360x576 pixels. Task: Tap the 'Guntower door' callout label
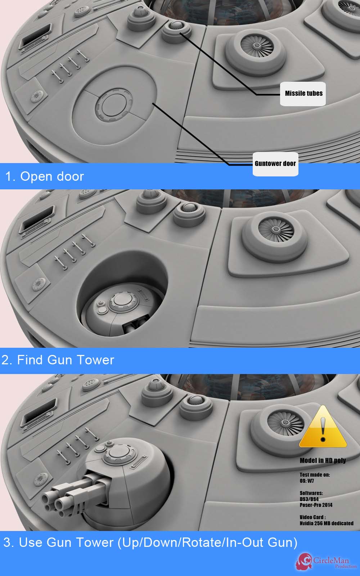pos(275,164)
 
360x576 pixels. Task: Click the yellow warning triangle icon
pos(323,427)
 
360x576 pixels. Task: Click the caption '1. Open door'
pos(45,177)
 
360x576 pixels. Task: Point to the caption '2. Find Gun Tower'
pos(58,360)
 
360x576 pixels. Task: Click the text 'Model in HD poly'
pos(323,460)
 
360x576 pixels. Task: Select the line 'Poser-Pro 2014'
pos(316,505)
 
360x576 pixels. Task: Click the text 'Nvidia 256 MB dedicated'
pos(327,523)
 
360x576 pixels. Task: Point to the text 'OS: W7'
pos(307,481)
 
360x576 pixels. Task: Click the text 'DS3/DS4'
pos(309,499)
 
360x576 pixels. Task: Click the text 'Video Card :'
pos(313,517)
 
